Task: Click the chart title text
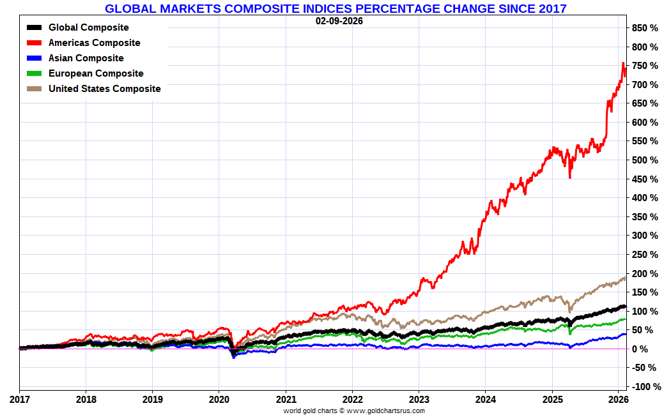click(x=335, y=8)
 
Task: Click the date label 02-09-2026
click(x=339, y=20)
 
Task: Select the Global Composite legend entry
click(x=88, y=27)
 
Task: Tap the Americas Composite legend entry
click(x=94, y=43)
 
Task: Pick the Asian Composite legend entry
click(x=86, y=58)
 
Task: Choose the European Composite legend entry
click(x=96, y=73)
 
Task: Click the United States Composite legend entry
click(x=104, y=89)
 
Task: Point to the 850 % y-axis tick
click(x=645, y=28)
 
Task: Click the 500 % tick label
click(x=645, y=160)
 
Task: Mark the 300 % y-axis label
click(x=645, y=236)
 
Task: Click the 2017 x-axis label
click(x=19, y=400)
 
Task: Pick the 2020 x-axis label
click(x=219, y=400)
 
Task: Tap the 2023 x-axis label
click(x=419, y=400)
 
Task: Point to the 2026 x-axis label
click(x=618, y=400)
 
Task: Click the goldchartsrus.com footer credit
click(x=354, y=411)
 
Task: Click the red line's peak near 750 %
click(x=623, y=63)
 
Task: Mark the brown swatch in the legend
click(x=35, y=89)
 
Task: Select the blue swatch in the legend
click(x=35, y=58)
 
